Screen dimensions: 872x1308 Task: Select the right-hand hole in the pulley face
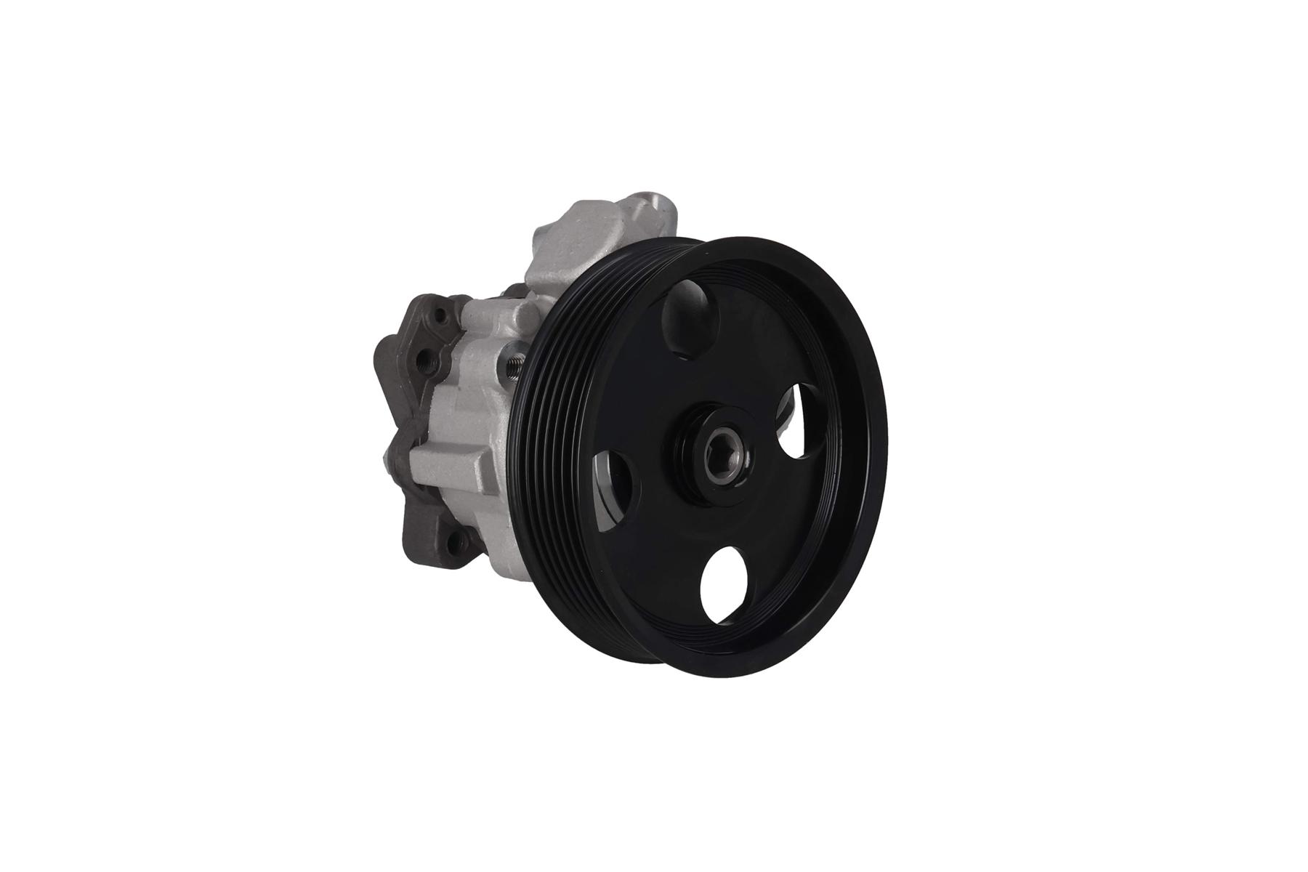point(796,421)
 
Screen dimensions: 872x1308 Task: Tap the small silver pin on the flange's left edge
point(384,458)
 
